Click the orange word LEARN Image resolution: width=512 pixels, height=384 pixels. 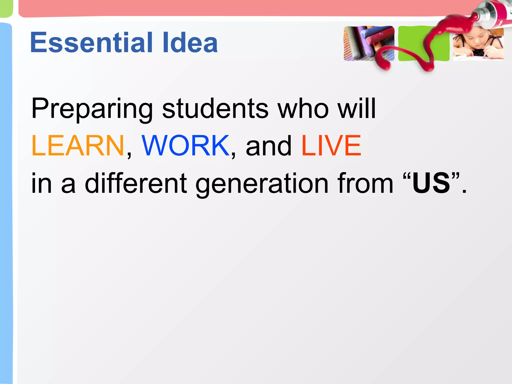coord(77,145)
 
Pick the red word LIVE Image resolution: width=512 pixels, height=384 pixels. coord(331,145)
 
